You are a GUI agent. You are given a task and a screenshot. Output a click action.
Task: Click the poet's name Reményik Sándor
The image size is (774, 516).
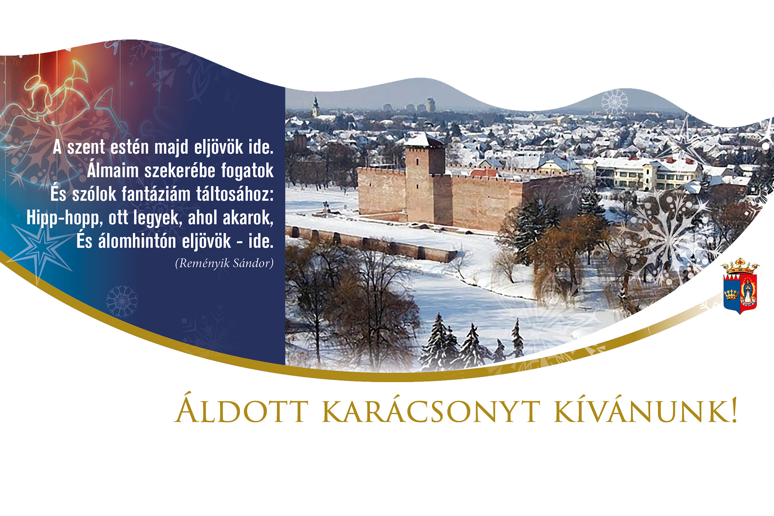point(224,263)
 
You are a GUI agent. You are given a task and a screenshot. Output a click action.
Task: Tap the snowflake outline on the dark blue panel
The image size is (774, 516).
point(122,301)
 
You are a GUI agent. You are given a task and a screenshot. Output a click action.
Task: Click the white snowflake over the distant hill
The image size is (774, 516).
point(614,102)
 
